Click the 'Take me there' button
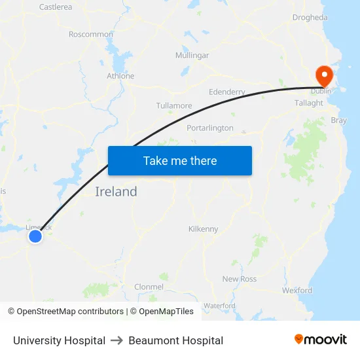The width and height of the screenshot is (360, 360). (x=180, y=161)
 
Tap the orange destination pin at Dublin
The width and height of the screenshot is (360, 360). (x=324, y=75)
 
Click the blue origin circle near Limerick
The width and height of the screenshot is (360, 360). (x=35, y=236)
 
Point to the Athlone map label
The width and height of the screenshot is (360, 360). (x=120, y=76)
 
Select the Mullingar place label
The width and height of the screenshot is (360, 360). (x=192, y=56)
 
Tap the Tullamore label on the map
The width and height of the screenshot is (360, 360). (x=174, y=105)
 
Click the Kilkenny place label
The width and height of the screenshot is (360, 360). (x=203, y=229)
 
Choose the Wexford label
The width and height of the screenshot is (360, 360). (x=297, y=290)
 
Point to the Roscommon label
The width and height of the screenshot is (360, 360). (x=91, y=34)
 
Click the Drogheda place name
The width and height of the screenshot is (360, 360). (x=310, y=18)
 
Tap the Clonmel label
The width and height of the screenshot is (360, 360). (x=149, y=287)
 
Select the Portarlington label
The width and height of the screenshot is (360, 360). (x=210, y=128)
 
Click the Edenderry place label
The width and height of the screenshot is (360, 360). (x=226, y=92)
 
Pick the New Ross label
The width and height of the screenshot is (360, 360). (x=240, y=279)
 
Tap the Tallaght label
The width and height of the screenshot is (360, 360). (x=309, y=103)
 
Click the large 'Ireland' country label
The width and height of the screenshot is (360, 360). (x=117, y=192)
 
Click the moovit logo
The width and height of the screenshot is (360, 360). (x=321, y=339)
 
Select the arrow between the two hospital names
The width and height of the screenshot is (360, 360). (x=117, y=340)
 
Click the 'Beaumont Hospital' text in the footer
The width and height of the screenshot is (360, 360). (x=176, y=340)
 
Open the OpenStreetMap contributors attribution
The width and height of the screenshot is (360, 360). (x=70, y=312)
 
